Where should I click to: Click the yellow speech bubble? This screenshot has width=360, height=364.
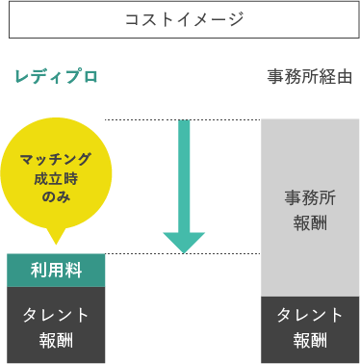(x=56, y=173)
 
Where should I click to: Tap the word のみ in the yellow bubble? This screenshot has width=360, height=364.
(x=56, y=195)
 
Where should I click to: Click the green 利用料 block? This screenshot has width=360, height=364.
(x=56, y=271)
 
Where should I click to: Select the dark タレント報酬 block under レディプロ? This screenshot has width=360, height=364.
(x=56, y=326)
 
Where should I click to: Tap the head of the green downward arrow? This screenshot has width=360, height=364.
(x=184, y=243)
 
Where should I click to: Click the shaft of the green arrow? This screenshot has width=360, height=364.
(x=184, y=173)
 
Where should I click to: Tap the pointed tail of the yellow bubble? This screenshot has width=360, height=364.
(x=56, y=238)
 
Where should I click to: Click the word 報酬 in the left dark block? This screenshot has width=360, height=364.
(x=56, y=340)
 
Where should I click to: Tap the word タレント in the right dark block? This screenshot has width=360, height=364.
(x=310, y=315)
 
